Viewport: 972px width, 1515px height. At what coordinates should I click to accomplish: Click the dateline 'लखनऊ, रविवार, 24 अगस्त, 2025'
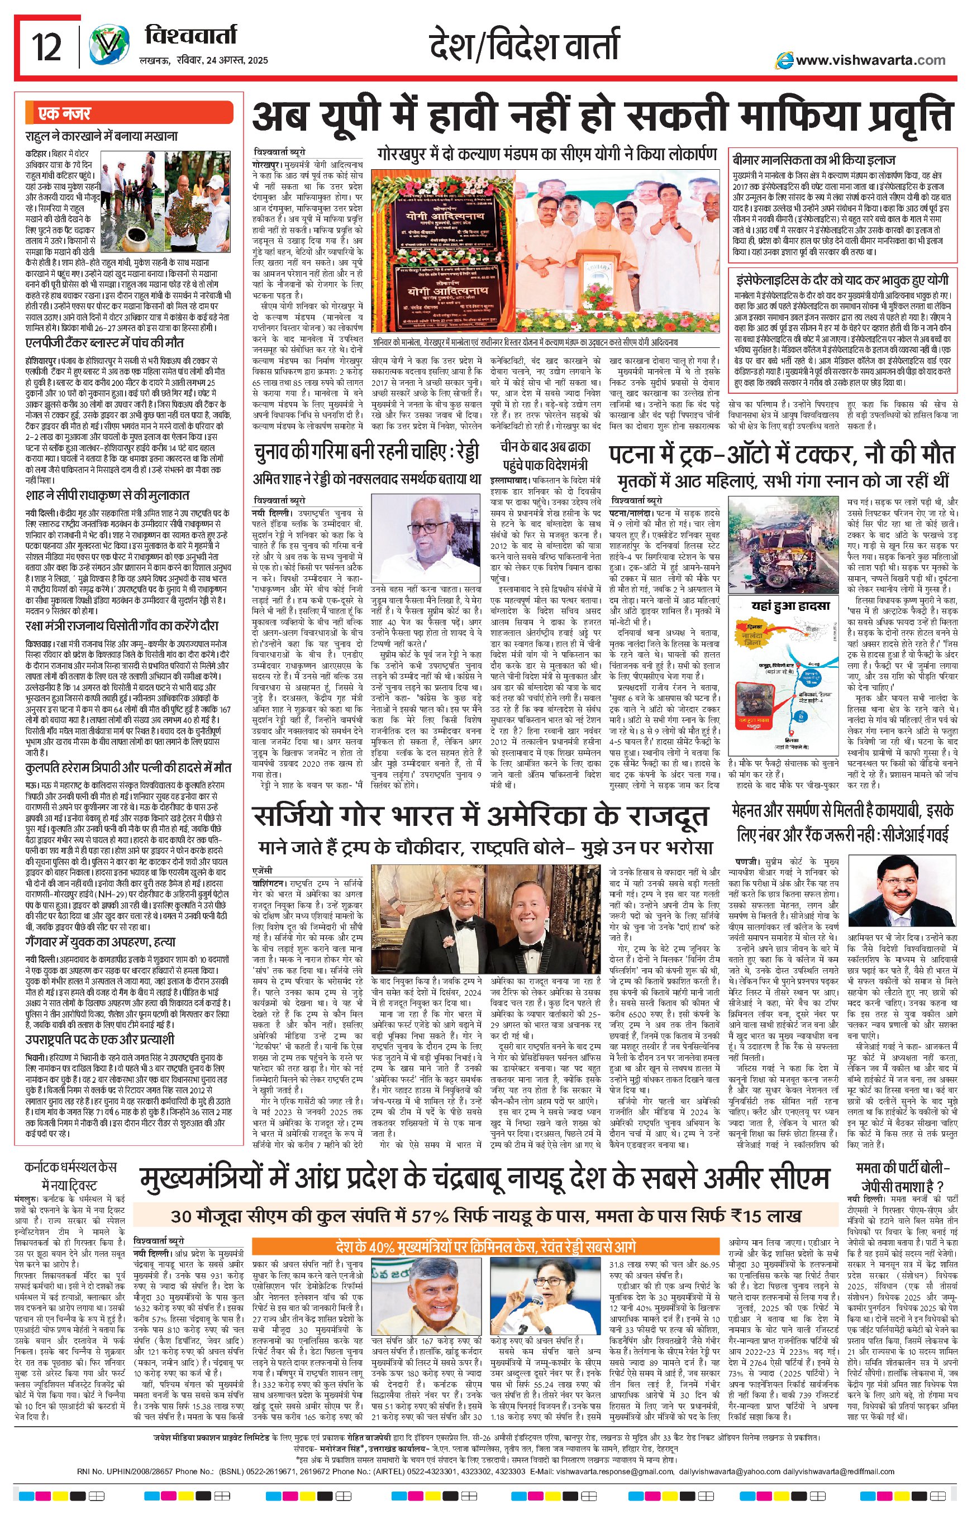pyautogui.click(x=203, y=60)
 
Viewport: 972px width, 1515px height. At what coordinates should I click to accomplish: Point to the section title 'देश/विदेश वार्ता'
pyautogui.click(x=523, y=46)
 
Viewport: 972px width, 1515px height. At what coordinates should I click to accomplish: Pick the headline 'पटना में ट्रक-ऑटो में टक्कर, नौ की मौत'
pyautogui.click(x=783, y=455)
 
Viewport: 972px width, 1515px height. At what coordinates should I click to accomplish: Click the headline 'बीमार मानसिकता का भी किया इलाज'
pyautogui.click(x=814, y=160)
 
